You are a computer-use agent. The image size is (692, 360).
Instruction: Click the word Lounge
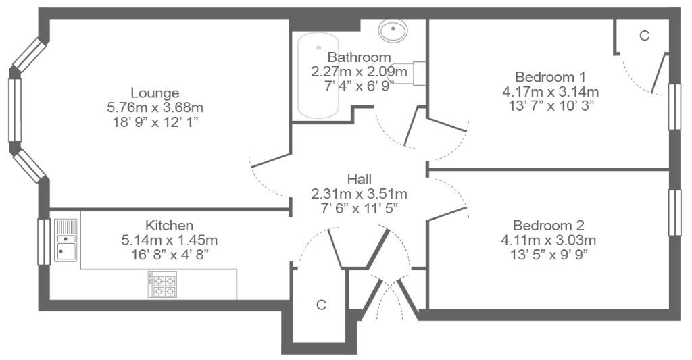pos(155,93)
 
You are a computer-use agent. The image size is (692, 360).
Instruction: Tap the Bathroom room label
pos(359,57)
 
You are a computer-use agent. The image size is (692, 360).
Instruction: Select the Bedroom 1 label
pos(550,77)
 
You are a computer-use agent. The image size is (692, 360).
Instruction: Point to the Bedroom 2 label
pos(548,225)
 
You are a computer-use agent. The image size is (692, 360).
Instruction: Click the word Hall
pos(359,179)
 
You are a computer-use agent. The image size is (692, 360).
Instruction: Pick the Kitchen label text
pos(169,225)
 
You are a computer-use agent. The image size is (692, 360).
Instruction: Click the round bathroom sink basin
pos(392,30)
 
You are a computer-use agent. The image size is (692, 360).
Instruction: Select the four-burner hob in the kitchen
pos(163,284)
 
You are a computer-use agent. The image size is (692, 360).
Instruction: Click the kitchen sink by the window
pos(66,240)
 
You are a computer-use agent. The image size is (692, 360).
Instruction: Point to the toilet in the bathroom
pos(410,73)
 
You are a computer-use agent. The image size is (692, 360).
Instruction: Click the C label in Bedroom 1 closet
pos(644,36)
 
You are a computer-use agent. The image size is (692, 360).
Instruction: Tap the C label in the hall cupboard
pos(321,305)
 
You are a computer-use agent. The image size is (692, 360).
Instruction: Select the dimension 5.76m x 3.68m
pos(155,107)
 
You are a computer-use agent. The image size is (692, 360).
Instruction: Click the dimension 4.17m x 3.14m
pos(550,91)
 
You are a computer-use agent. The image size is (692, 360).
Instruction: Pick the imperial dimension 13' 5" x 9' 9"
pos(548,254)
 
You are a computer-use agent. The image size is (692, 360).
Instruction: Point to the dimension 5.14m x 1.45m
pos(169,240)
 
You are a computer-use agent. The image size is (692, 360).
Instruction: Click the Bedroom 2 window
pos(674,212)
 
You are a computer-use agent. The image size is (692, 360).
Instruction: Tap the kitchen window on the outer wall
pos(43,241)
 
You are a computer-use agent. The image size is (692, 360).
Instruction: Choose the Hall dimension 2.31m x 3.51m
pos(359,194)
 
